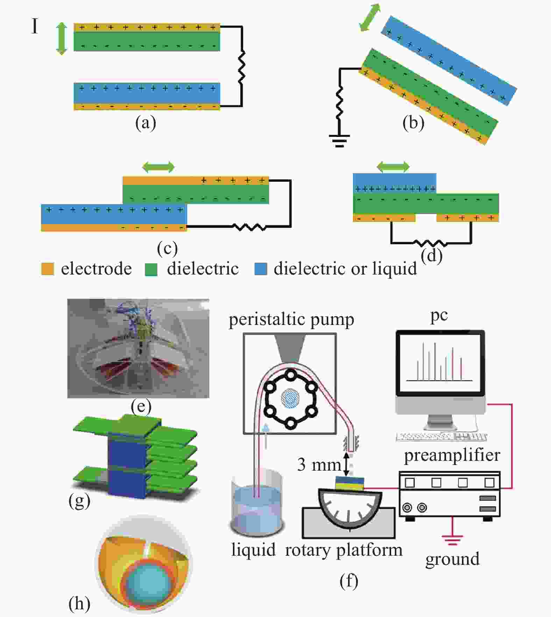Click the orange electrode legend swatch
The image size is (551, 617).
coord(47,269)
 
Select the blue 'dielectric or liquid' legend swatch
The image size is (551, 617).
coord(261,269)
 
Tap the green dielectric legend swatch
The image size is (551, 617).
coord(151,269)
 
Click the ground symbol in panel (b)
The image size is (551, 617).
coord(339,141)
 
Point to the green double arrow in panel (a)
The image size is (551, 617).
coord(62,39)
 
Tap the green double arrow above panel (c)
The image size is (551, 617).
coord(158,167)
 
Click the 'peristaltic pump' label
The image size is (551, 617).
coord(291,320)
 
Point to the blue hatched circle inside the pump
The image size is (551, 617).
coord(290,398)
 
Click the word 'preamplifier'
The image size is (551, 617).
coord(452,456)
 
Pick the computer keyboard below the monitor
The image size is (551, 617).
coord(441,437)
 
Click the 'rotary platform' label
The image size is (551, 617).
coord(344,550)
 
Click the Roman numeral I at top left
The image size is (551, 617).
coord(34,26)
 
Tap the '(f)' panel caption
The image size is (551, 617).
coord(349,581)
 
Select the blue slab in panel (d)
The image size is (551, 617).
coord(395,183)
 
